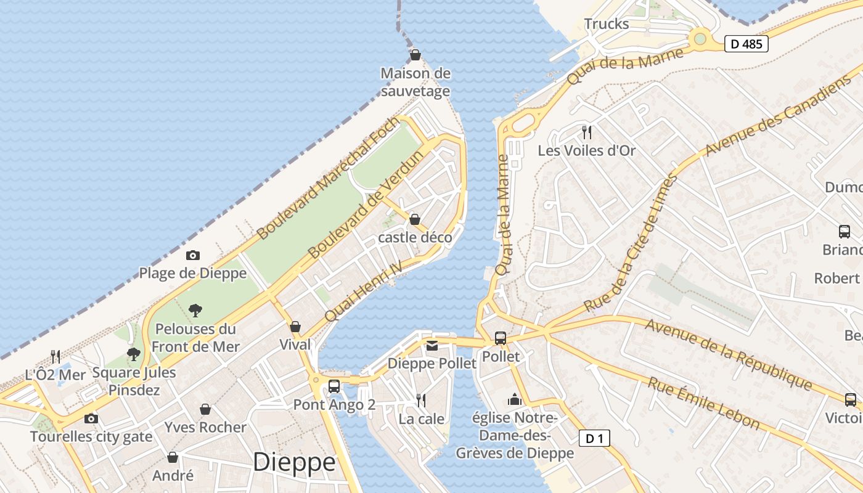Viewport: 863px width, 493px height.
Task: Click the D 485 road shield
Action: [746, 44]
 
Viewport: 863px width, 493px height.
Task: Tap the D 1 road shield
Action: [594, 438]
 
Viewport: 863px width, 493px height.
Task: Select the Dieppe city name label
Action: [294, 462]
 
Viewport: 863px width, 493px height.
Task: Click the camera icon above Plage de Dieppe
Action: [193, 255]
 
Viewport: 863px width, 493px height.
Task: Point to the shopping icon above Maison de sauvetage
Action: [415, 55]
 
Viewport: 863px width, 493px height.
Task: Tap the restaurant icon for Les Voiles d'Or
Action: [587, 132]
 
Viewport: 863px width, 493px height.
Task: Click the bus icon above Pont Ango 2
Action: [334, 386]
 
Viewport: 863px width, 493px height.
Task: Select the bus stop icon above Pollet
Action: [501, 338]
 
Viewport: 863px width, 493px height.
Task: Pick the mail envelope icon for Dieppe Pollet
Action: [431, 346]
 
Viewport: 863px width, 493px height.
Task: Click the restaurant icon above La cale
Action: [421, 401]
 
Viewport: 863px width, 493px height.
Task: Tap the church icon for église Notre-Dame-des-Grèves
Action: [514, 400]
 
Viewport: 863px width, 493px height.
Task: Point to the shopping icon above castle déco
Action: [415, 219]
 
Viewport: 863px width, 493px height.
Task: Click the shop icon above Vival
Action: [295, 327]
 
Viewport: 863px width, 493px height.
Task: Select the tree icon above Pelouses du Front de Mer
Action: [195, 310]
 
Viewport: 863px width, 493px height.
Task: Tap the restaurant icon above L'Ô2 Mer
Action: [55, 356]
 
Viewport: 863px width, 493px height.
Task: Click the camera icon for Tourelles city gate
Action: [91, 418]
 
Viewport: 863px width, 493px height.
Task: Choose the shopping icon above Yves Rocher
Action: [205, 409]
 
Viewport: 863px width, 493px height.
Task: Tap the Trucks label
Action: [607, 24]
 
